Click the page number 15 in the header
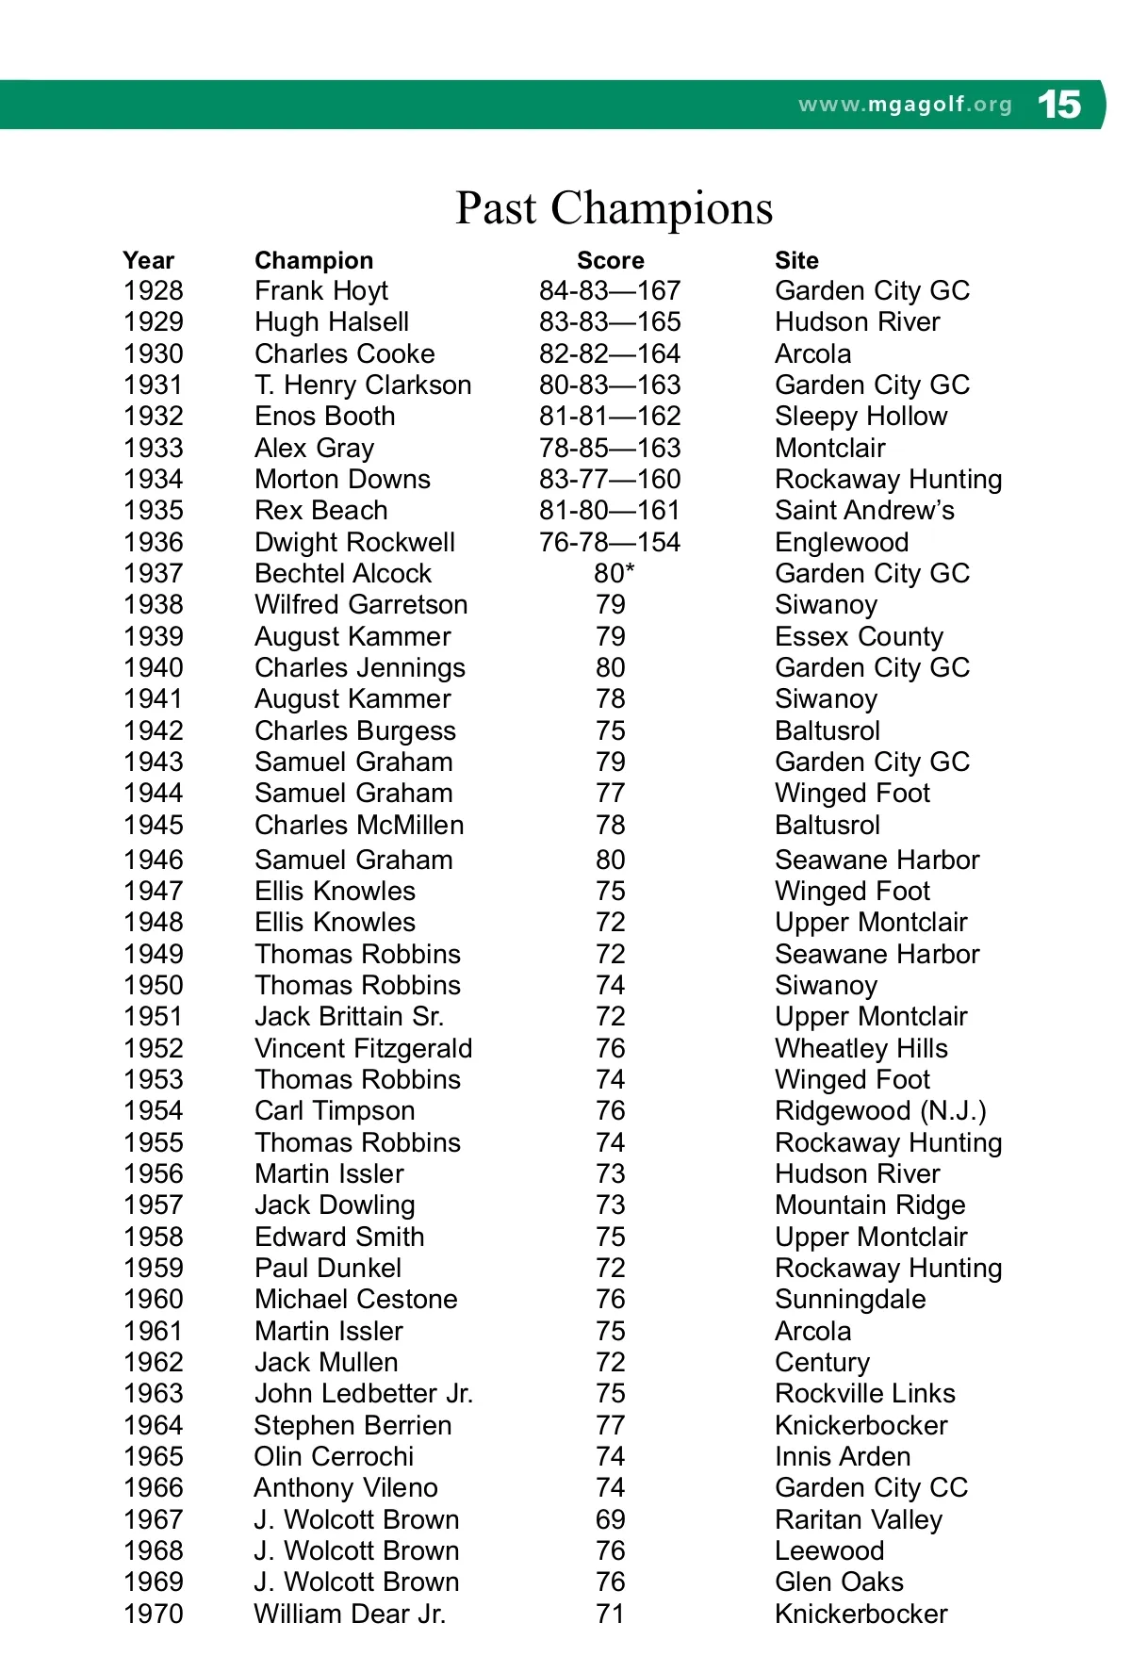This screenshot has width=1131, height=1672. click(x=1058, y=104)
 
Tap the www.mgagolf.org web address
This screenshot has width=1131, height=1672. click(x=905, y=105)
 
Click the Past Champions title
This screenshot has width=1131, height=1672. click(x=614, y=208)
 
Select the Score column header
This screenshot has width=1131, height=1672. click(x=610, y=260)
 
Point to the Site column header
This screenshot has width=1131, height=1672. click(x=796, y=260)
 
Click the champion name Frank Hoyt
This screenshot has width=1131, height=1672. click(x=320, y=291)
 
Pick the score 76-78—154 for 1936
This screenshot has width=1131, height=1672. click(x=609, y=542)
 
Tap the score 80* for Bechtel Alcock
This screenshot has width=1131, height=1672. click(x=614, y=573)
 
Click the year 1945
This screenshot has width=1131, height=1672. click(x=153, y=825)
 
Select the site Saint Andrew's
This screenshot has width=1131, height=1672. click(x=864, y=511)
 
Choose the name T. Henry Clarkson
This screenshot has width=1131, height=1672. click(x=363, y=385)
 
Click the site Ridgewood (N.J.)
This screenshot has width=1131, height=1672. click(x=880, y=1111)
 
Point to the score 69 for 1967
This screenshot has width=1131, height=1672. click(x=610, y=1519)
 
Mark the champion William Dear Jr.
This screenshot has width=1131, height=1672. click(x=350, y=1614)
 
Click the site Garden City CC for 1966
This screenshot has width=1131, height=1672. click(x=871, y=1487)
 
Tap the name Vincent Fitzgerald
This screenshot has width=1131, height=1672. click(x=363, y=1048)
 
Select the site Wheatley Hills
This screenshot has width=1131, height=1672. click(x=861, y=1048)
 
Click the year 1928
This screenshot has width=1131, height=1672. click(x=153, y=291)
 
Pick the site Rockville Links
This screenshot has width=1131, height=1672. click(x=864, y=1393)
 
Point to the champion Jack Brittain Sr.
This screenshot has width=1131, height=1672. click(x=349, y=1017)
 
